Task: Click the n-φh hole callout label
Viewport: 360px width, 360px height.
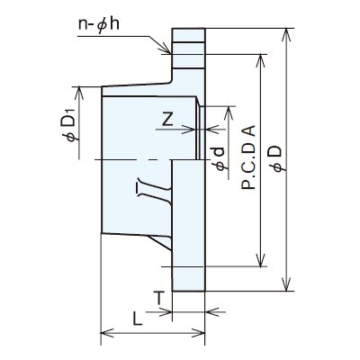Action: pyautogui.click(x=99, y=24)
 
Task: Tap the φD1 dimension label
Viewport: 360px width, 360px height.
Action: pyautogui.click(x=68, y=126)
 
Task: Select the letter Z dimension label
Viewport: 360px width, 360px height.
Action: pyautogui.click(x=167, y=120)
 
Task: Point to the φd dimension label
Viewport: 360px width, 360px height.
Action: pyautogui.click(x=220, y=159)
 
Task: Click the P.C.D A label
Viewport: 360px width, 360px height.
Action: pyautogui.click(x=248, y=157)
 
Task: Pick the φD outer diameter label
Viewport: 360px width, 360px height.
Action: pyautogui.click(x=276, y=159)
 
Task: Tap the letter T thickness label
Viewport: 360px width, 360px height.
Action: pyautogui.click(x=159, y=298)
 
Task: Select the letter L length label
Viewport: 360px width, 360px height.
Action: pyautogui.click(x=138, y=319)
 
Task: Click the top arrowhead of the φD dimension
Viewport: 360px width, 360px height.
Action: pyautogui.click(x=287, y=35)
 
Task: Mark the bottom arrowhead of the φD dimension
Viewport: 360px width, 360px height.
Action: pyautogui.click(x=287, y=284)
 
